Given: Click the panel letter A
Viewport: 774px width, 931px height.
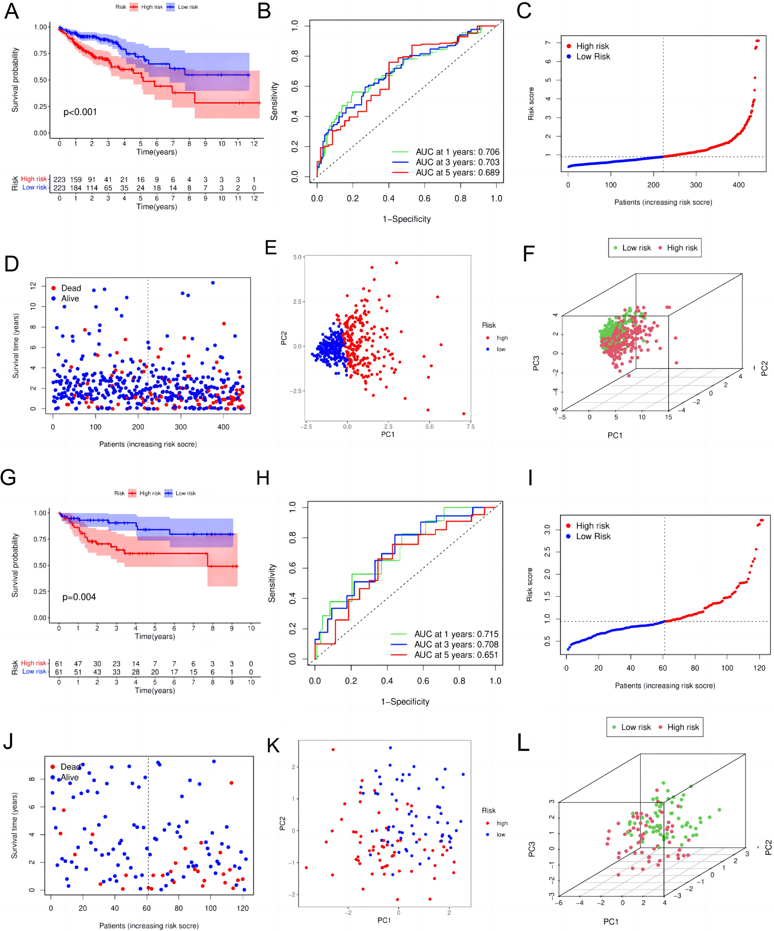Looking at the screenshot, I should click(x=11, y=11).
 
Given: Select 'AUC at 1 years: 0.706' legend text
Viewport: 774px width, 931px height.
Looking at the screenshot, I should click(x=457, y=152).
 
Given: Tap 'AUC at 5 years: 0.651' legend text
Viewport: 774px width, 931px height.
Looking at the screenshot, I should click(x=456, y=655).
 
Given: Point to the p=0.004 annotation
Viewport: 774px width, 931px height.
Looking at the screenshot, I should click(x=79, y=597).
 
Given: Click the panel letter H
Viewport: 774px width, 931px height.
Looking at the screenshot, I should click(x=263, y=478).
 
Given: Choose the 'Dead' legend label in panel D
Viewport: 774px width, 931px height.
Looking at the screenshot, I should click(x=71, y=288).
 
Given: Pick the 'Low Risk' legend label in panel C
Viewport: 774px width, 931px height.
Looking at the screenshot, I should click(x=593, y=57).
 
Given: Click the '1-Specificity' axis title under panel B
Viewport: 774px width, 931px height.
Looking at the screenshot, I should click(x=406, y=219).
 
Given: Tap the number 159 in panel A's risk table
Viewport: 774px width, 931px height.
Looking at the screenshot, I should click(x=76, y=180).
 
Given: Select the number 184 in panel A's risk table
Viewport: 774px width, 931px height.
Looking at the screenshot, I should click(x=76, y=188).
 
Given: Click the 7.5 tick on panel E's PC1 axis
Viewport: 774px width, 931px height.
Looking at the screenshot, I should click(x=470, y=426).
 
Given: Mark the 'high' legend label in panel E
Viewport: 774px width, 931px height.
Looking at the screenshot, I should click(x=502, y=338).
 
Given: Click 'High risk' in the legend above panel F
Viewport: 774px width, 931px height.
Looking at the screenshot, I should click(x=682, y=248).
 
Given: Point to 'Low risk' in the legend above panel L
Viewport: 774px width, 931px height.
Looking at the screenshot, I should click(x=636, y=727).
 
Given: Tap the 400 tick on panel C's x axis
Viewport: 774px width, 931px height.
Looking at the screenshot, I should click(x=739, y=185).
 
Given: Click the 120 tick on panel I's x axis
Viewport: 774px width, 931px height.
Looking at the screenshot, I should click(x=759, y=668).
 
